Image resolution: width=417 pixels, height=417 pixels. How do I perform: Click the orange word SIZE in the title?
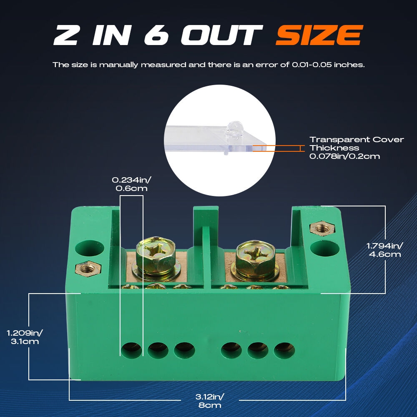[319, 35]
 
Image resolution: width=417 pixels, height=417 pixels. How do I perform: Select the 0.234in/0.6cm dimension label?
[131, 184]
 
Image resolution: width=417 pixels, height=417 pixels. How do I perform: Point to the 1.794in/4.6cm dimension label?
[385, 250]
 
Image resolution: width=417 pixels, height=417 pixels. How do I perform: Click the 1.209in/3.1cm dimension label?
[25, 337]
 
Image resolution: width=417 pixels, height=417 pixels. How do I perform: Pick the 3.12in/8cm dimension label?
[210, 401]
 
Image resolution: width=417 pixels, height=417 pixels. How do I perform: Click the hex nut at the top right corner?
[322, 229]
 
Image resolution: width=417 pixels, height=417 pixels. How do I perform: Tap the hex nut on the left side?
[88, 269]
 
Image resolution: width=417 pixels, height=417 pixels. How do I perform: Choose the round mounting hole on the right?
[325, 249]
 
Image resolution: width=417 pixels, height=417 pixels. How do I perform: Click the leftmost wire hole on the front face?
[132, 350]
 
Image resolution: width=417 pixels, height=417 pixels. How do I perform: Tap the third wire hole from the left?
[185, 350]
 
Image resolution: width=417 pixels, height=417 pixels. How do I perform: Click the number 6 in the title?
[156, 35]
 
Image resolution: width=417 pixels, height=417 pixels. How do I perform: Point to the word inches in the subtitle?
[349, 65]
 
